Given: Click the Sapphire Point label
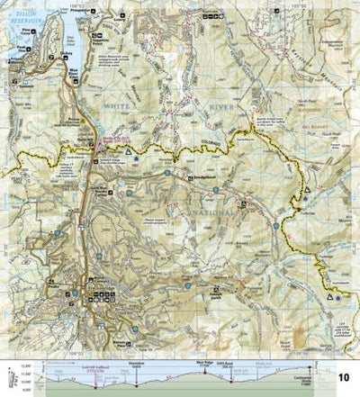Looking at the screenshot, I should pyautogui.click(x=110, y=44).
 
